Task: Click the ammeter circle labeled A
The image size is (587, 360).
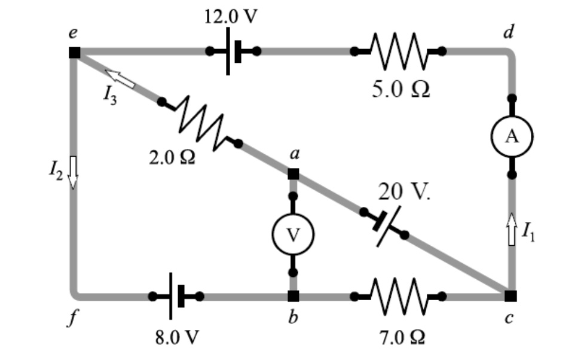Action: pyautogui.click(x=512, y=136)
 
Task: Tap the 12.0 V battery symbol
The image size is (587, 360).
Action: pyautogui.click(x=233, y=51)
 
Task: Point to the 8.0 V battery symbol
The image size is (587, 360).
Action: pyautogui.click(x=176, y=295)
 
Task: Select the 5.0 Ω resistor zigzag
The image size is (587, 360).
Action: pyautogui.click(x=398, y=51)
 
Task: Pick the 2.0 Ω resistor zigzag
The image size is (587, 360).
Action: pyautogui.click(x=200, y=123)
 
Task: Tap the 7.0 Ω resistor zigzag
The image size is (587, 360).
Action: pyautogui.click(x=398, y=295)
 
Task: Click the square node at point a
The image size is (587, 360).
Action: pyautogui.click(x=293, y=174)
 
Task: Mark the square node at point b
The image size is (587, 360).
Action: pyautogui.click(x=293, y=295)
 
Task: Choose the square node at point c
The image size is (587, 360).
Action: pyautogui.click(x=509, y=295)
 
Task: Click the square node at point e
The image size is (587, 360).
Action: pyautogui.click(x=74, y=52)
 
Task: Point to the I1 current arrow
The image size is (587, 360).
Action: pyautogui.click(x=512, y=229)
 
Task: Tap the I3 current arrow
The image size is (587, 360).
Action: pyautogui.click(x=120, y=78)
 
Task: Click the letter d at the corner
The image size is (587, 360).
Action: pyautogui.click(x=509, y=32)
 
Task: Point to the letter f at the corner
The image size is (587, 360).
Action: pyautogui.click(x=73, y=319)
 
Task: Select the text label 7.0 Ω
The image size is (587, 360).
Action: pyautogui.click(x=401, y=337)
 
